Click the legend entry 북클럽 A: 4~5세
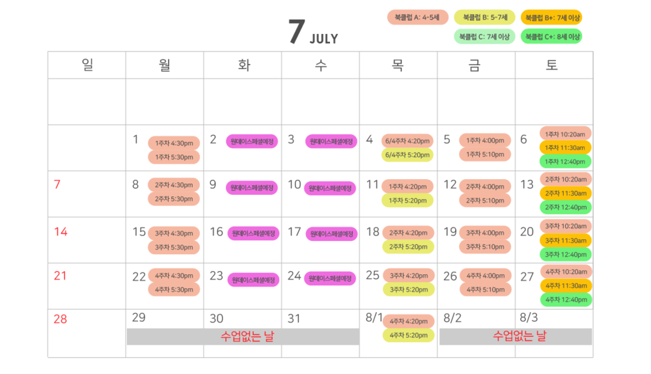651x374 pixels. tap(418, 18)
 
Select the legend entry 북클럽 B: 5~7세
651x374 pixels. tap(485, 18)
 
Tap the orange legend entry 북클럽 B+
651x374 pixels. tap(553, 18)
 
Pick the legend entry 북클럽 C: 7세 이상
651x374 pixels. tap(485, 36)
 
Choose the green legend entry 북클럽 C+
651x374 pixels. tap(553, 36)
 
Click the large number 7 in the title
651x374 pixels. tap(296, 33)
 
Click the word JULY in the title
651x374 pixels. tap(324, 39)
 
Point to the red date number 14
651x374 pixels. tap(60, 231)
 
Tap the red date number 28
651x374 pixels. tap(60, 319)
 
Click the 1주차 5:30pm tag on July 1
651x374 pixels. tap(174, 157)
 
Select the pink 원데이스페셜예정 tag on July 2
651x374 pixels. tap(253, 141)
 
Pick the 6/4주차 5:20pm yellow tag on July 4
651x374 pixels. tap(408, 155)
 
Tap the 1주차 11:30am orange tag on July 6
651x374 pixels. tap(565, 148)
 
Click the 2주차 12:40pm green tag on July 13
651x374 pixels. tap(565, 207)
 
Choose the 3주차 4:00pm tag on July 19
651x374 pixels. tap(485, 233)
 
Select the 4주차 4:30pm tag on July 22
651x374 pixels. tap(174, 276)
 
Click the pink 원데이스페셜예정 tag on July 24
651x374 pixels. tap(331, 278)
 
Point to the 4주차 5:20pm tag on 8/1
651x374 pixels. tap(408, 336)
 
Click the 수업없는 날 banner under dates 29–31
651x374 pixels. tap(243, 336)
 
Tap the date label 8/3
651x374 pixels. tap(529, 318)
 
